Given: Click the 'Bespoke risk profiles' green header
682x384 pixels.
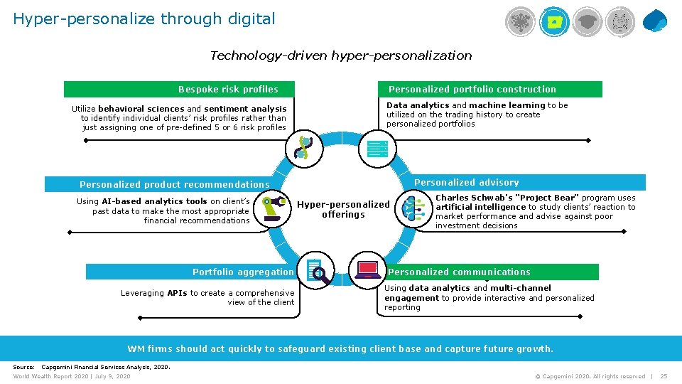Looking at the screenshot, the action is pos(228,90).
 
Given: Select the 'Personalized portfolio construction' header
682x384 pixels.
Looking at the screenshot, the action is pos(472,90).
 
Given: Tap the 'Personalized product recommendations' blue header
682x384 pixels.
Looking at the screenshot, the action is pos(175,185).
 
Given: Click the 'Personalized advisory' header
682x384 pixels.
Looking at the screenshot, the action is pos(467,183).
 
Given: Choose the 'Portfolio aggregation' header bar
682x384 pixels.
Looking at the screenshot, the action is pos(243,272).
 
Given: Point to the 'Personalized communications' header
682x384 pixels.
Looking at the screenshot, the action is pos(459,272).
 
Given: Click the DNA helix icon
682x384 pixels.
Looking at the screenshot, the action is pos(304,147).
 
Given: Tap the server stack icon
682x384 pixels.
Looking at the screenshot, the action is pos(377,149).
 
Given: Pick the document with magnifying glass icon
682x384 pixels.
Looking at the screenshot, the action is pos(318,271).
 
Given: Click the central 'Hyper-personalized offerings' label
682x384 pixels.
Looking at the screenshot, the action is pos(343,210).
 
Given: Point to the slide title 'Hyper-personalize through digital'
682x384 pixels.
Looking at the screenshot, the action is pos(144,19).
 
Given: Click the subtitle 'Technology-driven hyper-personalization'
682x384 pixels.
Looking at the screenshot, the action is pos(341,55).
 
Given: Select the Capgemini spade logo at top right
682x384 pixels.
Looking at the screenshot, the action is pos(654,21).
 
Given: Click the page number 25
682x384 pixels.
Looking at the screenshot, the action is pos(664,376).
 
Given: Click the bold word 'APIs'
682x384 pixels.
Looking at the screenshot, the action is pos(177,293).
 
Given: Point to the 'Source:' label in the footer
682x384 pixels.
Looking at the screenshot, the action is pos(24,367).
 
